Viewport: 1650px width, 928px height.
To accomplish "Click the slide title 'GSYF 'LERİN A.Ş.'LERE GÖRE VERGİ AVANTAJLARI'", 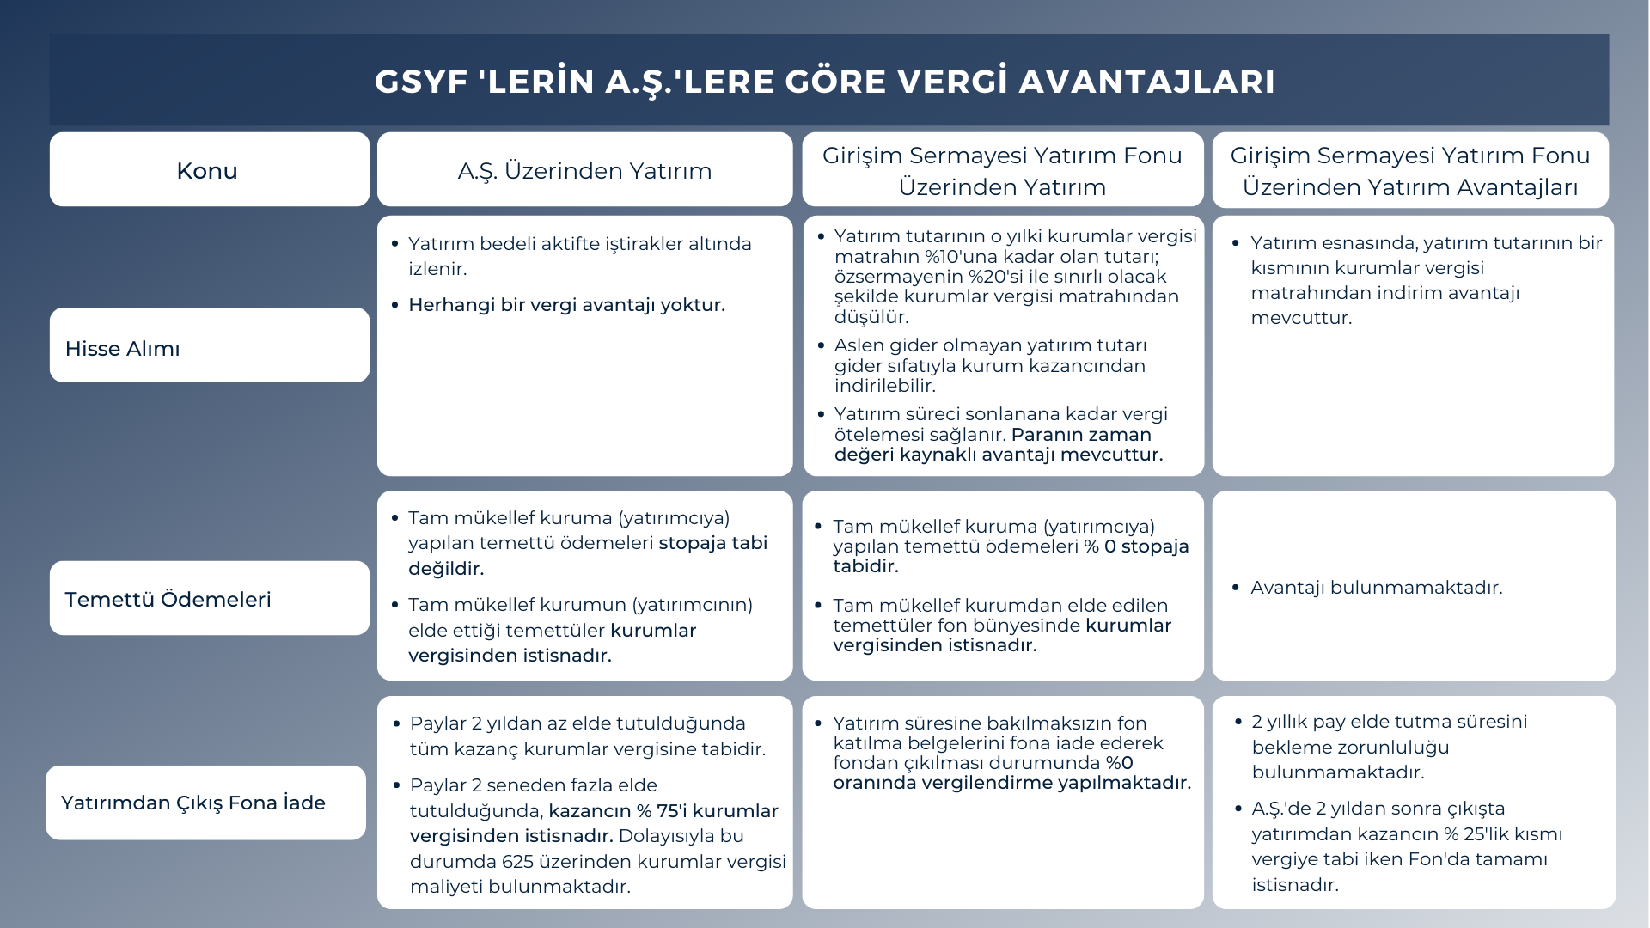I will tap(824, 82).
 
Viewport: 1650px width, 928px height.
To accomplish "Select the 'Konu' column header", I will tap(207, 171).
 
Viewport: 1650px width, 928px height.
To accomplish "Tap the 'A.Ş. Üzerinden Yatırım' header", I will tap(584, 171).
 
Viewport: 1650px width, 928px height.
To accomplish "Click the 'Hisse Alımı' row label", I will tap(123, 349).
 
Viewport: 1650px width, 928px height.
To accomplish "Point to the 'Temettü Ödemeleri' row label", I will tap(168, 600).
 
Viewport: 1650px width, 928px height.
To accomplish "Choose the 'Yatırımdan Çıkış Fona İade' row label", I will tap(193, 803).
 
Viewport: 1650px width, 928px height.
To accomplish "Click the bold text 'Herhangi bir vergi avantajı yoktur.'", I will tap(566, 305).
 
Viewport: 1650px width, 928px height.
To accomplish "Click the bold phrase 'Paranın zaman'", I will tap(1081, 435).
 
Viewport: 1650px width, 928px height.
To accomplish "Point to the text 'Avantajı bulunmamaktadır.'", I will tap(1376, 589).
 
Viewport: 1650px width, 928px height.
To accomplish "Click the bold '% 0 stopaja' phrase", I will tap(1136, 546).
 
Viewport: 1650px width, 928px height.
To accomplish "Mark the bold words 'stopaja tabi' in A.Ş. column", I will tap(713, 543).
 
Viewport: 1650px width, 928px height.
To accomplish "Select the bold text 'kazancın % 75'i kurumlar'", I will tap(663, 811).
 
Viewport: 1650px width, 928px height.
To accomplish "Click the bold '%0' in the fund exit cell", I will tap(1119, 763).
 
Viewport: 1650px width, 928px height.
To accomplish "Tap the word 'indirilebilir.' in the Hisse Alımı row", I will tap(884, 386).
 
